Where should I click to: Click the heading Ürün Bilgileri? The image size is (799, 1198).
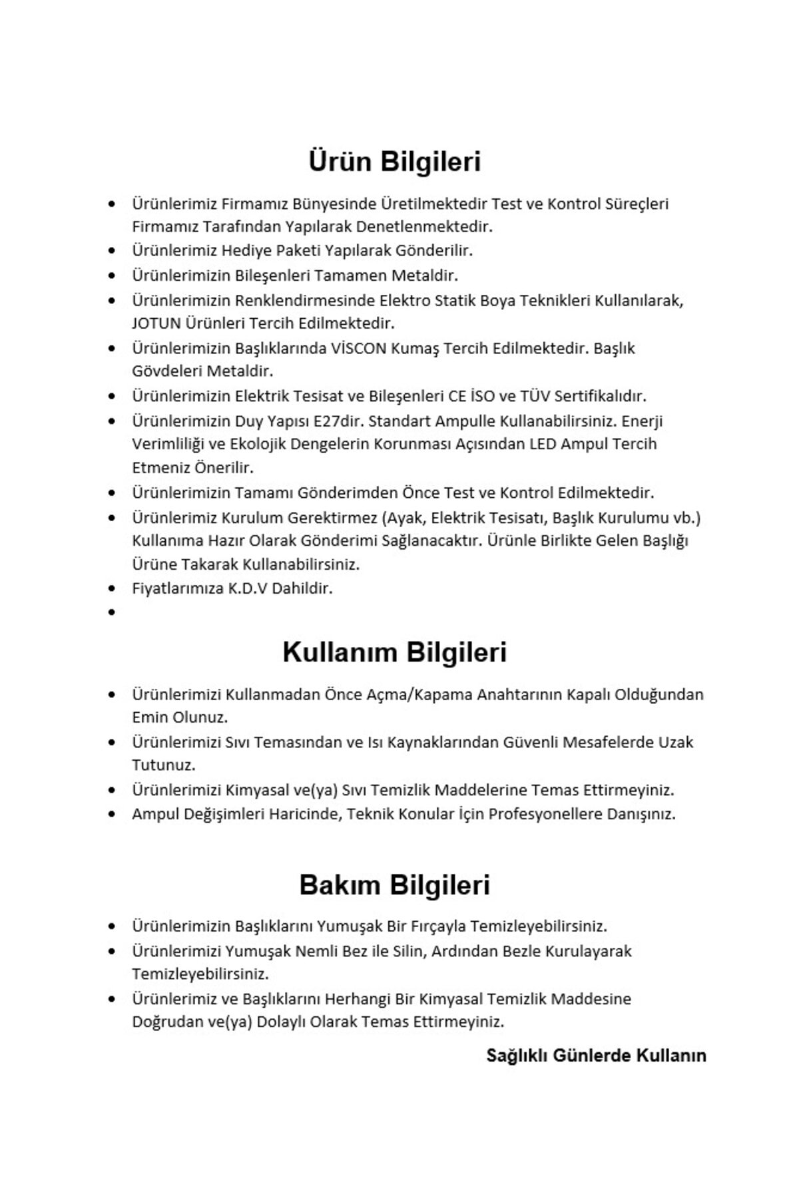tap(394, 162)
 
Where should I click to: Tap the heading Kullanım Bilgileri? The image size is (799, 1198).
tap(394, 652)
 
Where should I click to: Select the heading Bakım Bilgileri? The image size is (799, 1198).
tap(394, 885)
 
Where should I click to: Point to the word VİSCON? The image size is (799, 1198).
tap(358, 348)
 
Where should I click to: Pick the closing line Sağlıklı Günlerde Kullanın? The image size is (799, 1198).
tap(596, 1056)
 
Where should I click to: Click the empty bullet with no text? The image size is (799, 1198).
tap(112, 612)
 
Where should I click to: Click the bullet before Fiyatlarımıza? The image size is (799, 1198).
tap(112, 588)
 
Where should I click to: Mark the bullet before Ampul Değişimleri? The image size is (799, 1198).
tap(112, 814)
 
